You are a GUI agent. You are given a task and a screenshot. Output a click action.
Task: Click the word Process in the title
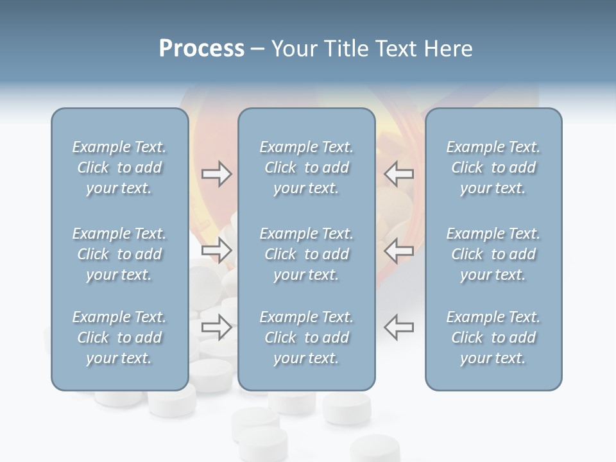[x=201, y=49]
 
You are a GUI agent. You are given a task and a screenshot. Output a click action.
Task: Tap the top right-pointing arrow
[x=216, y=174]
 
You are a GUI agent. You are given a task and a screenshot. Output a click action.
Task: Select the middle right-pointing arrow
[x=216, y=250]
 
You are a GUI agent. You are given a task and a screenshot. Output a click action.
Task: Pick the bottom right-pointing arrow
[x=216, y=327]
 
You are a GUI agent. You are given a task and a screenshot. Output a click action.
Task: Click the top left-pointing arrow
[x=398, y=174]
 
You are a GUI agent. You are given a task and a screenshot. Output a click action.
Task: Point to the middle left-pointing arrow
[x=398, y=250]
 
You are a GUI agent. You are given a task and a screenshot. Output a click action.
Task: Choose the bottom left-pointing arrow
[x=398, y=327]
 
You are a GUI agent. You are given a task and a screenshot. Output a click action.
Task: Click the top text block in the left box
[x=119, y=167]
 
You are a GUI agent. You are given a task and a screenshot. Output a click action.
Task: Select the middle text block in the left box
[x=119, y=254]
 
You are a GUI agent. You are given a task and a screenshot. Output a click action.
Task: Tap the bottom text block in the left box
[x=119, y=338]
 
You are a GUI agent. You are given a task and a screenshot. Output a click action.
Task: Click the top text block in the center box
[x=306, y=167]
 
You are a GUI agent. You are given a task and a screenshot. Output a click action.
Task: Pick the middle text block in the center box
[x=306, y=254]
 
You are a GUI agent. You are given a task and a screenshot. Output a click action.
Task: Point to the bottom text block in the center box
[x=306, y=338]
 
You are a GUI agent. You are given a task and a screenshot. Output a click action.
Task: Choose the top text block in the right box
[x=493, y=167]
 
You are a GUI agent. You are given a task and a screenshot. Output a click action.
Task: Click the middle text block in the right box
[x=493, y=254]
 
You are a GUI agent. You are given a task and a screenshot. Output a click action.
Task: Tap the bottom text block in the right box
[x=493, y=338]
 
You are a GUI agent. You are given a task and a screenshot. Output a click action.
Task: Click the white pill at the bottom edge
[x=375, y=449]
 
